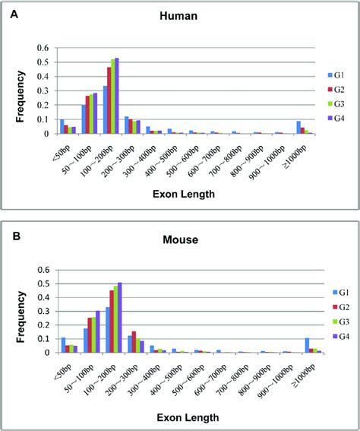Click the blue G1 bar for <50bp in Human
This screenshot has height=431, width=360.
coord(62,127)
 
